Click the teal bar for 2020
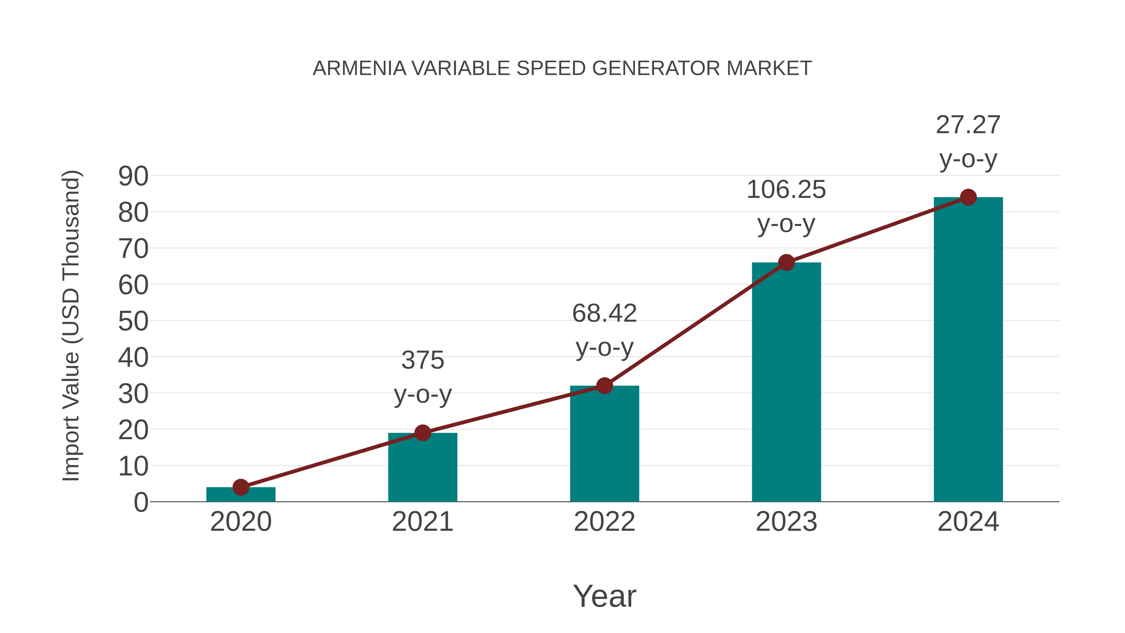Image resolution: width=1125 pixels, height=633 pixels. tap(241, 495)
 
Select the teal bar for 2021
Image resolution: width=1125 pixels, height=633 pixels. tap(422, 467)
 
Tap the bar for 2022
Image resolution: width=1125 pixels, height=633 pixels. tap(604, 443)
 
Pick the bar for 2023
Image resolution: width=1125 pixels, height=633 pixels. tap(786, 382)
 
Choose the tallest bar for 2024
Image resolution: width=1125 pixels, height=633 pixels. tap(968, 349)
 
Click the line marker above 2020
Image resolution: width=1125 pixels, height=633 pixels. tap(241, 487)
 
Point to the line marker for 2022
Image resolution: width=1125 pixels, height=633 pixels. tap(604, 386)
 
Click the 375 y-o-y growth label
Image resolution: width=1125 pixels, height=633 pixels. tap(422, 377)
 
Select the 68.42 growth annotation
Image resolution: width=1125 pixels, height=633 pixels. tap(604, 330)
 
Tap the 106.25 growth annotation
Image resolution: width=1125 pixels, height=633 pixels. tap(786, 207)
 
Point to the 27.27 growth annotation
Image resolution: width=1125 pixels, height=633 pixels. tap(968, 142)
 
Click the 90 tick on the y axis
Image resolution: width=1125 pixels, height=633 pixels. tap(133, 177)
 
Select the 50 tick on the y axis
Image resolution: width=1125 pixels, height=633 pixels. tap(133, 322)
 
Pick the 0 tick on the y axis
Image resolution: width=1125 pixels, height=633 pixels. tap(141, 502)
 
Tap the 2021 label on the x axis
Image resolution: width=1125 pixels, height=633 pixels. tap(422, 522)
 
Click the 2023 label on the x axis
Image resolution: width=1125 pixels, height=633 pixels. tap(786, 522)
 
